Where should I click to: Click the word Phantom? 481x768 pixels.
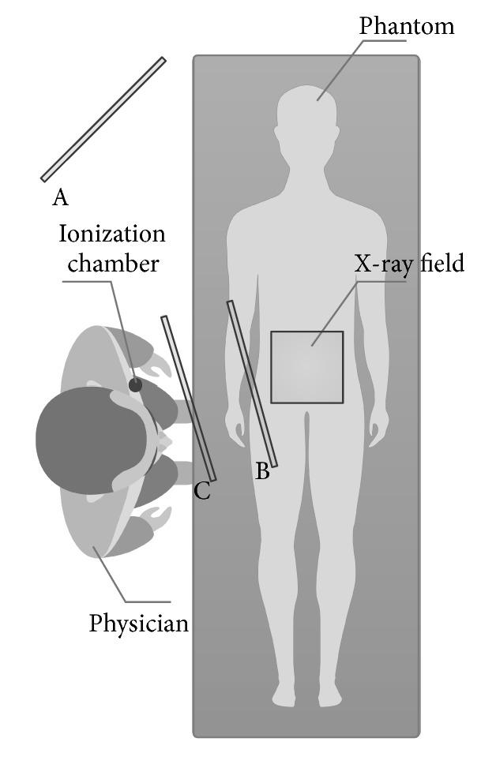pos(406,26)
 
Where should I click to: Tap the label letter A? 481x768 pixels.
pos(60,197)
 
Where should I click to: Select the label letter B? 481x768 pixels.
pos(263,472)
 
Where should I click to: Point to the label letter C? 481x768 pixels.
pos(202,491)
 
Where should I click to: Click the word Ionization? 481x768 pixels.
pos(111,234)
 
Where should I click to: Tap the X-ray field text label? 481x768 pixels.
pos(408,264)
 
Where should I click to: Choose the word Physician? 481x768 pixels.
pos(139,623)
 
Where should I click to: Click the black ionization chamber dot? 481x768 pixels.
pos(136,385)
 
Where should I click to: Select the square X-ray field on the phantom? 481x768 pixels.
pos(306,367)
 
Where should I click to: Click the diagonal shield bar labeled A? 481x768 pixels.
pos(103,120)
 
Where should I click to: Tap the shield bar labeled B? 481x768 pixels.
pos(252,383)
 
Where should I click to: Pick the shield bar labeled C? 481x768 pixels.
pos(188,399)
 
